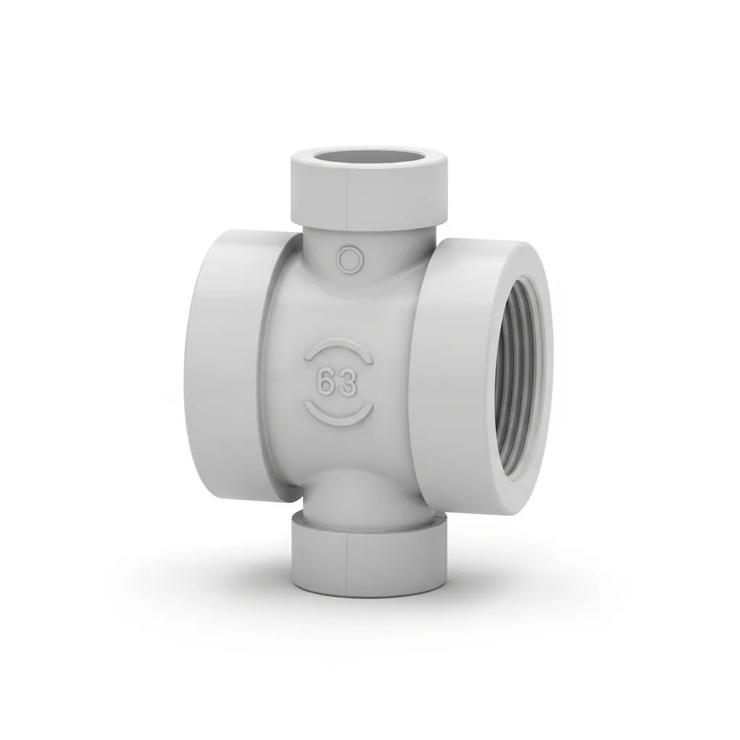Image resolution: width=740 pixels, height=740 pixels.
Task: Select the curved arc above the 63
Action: (x=338, y=350)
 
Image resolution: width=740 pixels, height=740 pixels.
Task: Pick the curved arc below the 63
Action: (x=340, y=414)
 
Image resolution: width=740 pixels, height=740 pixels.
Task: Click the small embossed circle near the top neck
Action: (x=350, y=259)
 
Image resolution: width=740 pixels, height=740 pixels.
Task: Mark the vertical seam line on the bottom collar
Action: (x=348, y=567)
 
